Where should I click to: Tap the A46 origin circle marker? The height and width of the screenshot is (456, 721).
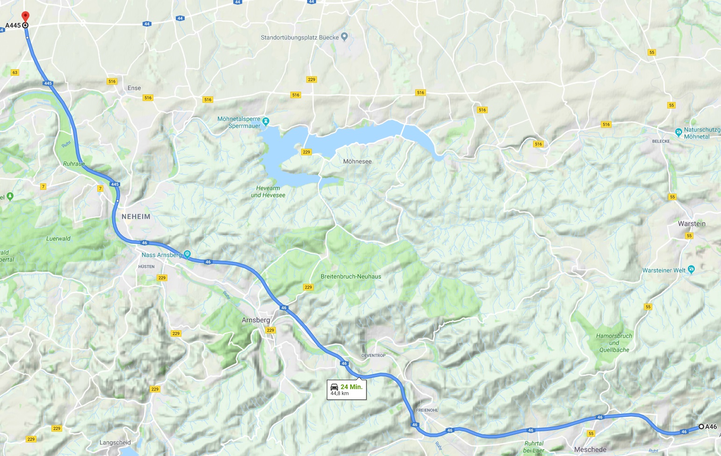tap(701, 427)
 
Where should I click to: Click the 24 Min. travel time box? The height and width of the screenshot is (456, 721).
tap(346, 390)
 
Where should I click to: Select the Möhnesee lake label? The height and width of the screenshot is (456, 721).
tap(357, 161)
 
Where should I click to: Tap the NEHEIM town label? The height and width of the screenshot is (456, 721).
tap(136, 217)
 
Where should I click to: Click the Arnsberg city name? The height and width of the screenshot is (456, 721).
tap(256, 320)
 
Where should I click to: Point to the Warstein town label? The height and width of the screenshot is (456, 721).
tap(692, 224)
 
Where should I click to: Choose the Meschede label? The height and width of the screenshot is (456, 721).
tap(590, 449)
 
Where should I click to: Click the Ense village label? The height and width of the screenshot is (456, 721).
tap(134, 88)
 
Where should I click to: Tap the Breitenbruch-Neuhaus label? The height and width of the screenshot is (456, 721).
tap(351, 276)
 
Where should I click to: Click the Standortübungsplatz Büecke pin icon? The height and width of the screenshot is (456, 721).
tap(345, 36)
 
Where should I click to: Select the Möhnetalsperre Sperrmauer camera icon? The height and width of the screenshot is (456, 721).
tap(266, 122)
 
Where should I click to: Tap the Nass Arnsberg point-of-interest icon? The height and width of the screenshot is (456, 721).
tap(187, 254)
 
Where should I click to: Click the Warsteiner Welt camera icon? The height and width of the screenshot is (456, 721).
tap(692, 269)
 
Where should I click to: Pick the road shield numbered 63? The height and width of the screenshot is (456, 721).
tap(15, 72)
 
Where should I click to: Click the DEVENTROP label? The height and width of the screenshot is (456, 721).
tap(373, 355)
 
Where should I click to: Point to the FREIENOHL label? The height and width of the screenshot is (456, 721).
tap(427, 410)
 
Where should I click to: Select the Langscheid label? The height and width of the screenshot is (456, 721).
tap(115, 442)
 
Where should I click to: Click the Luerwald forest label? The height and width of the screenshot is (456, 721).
tap(58, 239)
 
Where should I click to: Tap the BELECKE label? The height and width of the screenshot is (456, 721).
tap(661, 141)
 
